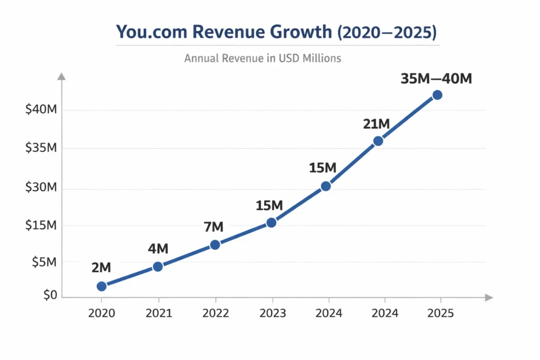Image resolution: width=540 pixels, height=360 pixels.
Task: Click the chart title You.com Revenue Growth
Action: coord(276,32)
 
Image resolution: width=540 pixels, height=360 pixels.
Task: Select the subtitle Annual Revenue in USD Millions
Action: coord(263,58)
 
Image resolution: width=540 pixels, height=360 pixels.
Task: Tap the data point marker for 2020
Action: coord(102,286)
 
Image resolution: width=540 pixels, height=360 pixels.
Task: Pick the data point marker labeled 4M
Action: coord(158,267)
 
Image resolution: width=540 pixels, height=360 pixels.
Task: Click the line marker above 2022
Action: coord(215,245)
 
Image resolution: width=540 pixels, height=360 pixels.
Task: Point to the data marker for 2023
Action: coord(271,222)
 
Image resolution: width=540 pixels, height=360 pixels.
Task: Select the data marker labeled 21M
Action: coord(378,141)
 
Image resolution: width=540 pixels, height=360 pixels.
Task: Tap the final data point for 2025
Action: coord(437,95)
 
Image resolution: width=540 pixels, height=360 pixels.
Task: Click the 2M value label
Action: coord(101,268)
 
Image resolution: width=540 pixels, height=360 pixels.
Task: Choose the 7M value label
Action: coord(214,227)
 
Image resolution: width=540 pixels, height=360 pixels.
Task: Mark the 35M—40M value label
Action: coord(436,79)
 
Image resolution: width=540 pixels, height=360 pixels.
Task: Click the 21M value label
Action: coord(377,124)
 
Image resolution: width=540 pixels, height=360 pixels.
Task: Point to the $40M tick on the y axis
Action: coord(41,110)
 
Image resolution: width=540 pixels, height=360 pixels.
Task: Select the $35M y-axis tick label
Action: coord(41,148)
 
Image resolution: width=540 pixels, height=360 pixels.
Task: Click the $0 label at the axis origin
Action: coord(50,295)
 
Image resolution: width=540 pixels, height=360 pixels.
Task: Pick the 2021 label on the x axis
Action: coord(159,313)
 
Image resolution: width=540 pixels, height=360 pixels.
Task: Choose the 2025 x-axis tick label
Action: coord(439,313)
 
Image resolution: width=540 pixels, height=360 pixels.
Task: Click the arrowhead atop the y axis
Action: coord(62,77)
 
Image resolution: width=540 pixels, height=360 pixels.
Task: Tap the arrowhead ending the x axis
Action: coord(489,298)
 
